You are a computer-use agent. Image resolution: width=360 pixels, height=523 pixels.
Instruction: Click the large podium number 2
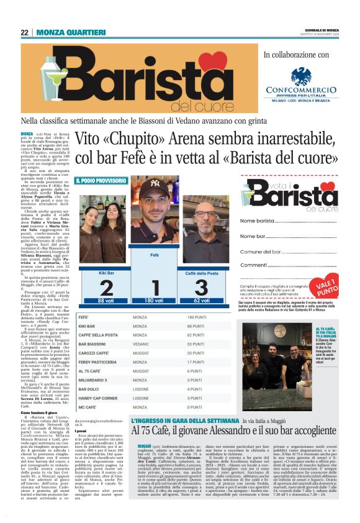coord(106,288)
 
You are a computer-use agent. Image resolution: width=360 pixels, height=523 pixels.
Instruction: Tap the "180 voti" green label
coord(156,301)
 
